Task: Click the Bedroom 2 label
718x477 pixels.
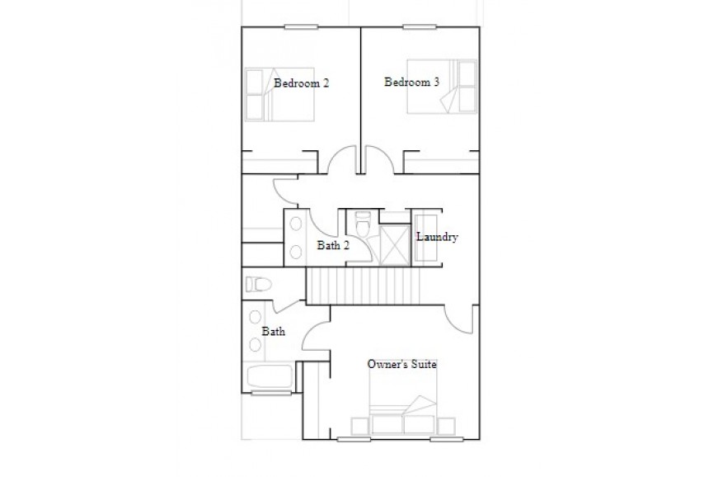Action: [302, 83]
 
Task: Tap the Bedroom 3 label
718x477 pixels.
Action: [411, 82]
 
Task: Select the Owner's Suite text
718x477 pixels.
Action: [402, 364]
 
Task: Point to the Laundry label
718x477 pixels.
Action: [437, 237]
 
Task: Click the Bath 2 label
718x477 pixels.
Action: [333, 245]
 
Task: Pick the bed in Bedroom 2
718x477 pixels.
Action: [279, 95]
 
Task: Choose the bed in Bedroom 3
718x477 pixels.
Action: [442, 86]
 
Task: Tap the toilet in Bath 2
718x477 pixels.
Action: [363, 224]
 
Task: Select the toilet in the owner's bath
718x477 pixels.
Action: [259, 285]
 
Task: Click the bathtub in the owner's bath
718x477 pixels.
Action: [270, 376]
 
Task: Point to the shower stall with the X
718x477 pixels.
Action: [395, 244]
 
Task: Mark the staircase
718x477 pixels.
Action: [363, 286]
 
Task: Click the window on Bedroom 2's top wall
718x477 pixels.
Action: [301, 27]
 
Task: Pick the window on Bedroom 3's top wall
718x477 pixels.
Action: [420, 27]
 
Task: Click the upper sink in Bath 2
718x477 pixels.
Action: [296, 224]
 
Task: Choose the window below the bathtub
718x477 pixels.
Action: [271, 393]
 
